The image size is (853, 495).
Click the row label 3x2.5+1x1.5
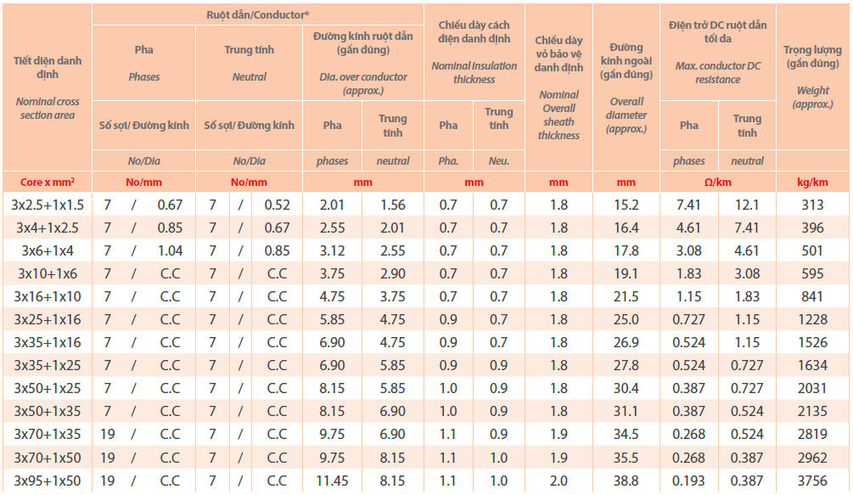coord(48,205)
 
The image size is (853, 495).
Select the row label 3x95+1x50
coord(48,480)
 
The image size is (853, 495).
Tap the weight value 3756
coord(812,480)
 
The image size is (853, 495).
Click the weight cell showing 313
coord(812,205)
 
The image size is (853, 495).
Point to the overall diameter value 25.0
coord(627,319)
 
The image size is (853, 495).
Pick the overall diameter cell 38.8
coord(627,480)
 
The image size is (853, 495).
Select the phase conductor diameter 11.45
coord(332,480)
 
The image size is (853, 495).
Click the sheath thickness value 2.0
coord(558,480)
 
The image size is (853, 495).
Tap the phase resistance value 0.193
coord(689,480)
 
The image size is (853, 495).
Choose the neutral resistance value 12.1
coord(747,205)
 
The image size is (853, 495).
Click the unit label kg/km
coord(812,183)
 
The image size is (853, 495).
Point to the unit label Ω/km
coord(718,183)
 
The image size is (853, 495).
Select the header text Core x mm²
coord(48,183)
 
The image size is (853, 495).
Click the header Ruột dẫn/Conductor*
coord(258,14)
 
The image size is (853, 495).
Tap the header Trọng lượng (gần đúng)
coord(812,57)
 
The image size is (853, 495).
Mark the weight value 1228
coord(812,319)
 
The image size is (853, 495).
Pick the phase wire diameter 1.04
coord(170,250)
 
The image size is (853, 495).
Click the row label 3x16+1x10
coord(48,296)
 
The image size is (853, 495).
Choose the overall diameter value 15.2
coord(627,205)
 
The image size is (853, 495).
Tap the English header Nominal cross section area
coord(48,108)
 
